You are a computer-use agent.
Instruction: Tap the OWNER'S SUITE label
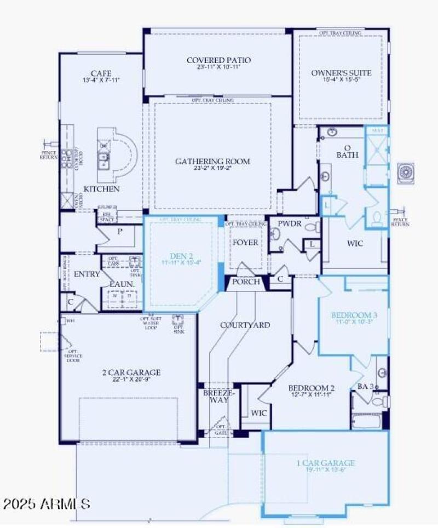[341, 73]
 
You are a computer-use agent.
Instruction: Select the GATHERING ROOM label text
[212, 161]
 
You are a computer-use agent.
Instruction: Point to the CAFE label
[101, 73]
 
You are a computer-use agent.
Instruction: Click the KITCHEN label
[101, 189]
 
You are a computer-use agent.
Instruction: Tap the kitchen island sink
[103, 159]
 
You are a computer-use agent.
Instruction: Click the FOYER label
[246, 242]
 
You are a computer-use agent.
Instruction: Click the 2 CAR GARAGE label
[131, 372]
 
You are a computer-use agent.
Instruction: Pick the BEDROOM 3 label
[354, 315]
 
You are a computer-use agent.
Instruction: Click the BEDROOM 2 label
[312, 388]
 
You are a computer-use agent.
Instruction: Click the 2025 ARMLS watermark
[46, 503]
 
